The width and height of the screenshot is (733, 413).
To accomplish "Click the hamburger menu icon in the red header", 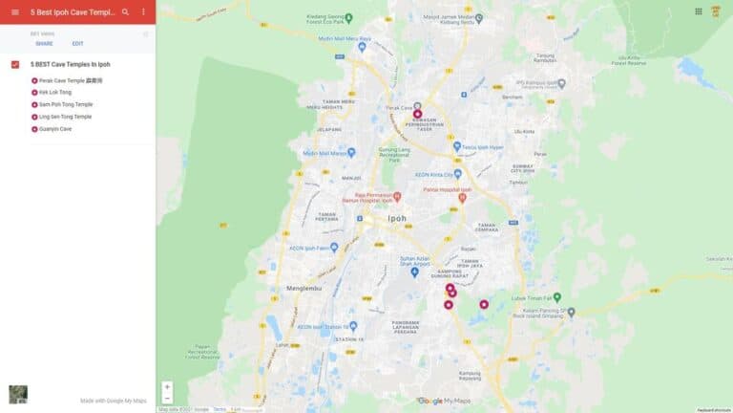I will click(14, 12).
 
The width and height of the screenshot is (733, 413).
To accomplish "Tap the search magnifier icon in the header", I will click(125, 12).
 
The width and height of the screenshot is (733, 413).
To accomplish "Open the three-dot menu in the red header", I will click(143, 12).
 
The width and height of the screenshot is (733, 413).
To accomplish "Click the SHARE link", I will click(44, 44).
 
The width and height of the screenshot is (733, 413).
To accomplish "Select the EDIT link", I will click(77, 44).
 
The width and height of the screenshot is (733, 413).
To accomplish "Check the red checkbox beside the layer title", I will click(15, 65).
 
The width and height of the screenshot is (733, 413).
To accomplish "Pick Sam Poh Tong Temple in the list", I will click(66, 104).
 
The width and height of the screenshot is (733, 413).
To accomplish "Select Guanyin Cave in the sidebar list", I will click(57, 128).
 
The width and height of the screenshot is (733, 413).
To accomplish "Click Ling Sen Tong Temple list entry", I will click(65, 117).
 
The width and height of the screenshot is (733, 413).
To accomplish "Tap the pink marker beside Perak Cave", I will click(417, 114).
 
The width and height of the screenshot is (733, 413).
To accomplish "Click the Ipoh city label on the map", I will click(396, 218).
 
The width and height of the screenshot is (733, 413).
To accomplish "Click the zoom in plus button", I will click(167, 387).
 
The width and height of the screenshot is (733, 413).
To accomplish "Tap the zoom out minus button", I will click(167, 398).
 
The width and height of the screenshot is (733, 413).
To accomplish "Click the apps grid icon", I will click(699, 11).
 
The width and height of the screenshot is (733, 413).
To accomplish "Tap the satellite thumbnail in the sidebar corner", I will click(18, 394).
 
